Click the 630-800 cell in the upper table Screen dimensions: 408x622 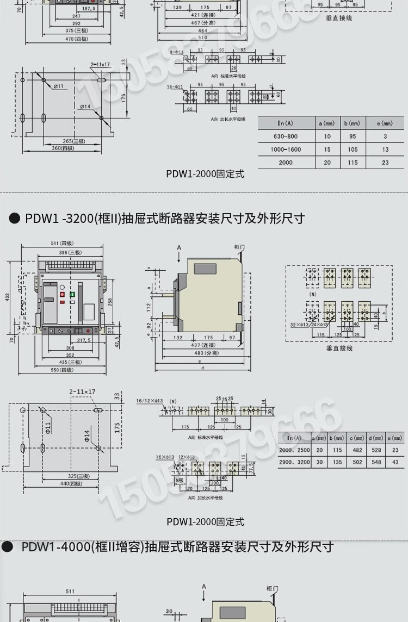pos(285,136)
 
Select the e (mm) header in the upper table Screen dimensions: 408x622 pos(385,123)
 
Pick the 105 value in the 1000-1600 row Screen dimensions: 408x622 pos(353,149)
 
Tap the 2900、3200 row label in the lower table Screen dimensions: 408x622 pos(294,462)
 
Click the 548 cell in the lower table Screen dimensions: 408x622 pos(375,462)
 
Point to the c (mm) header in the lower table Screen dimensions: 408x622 pos(357,438)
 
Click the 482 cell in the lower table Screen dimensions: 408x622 pos(357,450)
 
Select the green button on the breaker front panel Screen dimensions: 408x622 pos(72,294)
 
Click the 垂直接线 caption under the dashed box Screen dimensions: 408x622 pos(339,348)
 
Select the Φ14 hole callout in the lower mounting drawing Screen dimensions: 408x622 pos(86,436)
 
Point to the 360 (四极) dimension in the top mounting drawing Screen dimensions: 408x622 pos(63,148)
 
